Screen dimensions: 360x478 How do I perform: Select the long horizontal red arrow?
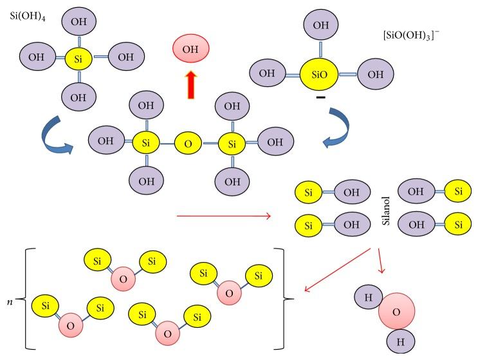click(223, 215)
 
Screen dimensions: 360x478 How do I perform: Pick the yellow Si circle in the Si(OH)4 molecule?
click(78, 58)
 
